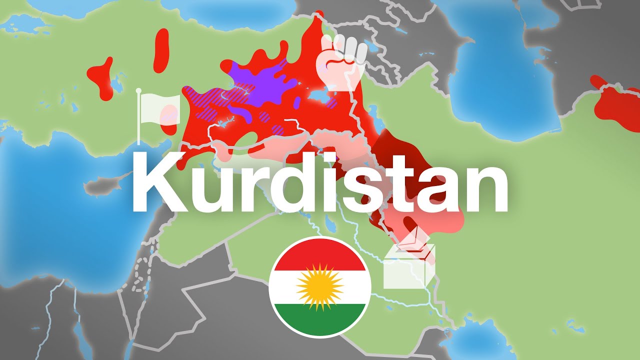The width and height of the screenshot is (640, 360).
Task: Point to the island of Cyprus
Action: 102,186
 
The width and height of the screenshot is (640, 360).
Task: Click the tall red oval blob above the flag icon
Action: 161,50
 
